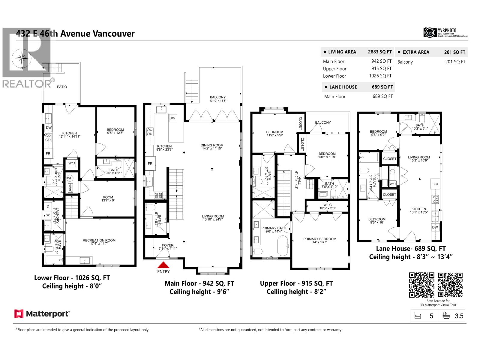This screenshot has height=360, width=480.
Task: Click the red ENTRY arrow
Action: [163, 265]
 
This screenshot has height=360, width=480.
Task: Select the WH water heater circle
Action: [70, 178]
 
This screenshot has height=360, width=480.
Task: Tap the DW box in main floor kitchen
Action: [172, 118]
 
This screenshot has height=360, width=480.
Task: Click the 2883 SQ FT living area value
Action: [380, 52]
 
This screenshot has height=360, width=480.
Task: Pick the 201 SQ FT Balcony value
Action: [455, 62]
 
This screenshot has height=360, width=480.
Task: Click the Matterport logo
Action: [42, 314]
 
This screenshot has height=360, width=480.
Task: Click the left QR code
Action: [421, 285]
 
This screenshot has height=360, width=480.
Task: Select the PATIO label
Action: [62, 87]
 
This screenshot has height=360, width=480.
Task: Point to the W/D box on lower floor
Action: [72, 163]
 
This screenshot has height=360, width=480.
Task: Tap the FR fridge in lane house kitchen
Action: [436, 184]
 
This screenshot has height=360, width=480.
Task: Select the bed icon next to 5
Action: [417, 316]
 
